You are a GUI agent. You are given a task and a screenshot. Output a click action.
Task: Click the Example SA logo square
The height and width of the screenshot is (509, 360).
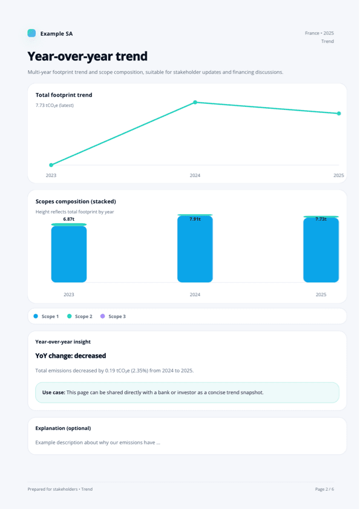pyautogui.click(x=31, y=33)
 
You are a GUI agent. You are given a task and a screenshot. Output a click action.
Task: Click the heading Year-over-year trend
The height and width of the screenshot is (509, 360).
pyautogui.click(x=87, y=57)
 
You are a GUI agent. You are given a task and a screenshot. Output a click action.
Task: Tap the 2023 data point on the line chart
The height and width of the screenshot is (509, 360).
pyautogui.click(x=51, y=164)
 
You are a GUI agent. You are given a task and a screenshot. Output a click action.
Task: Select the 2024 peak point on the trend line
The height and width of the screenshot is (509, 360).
pyautogui.click(x=195, y=102)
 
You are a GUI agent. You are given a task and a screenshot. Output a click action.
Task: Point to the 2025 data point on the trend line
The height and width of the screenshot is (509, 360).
pyautogui.click(x=339, y=113)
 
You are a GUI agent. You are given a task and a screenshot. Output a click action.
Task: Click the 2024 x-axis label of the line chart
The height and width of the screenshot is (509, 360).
pyautogui.click(x=195, y=175)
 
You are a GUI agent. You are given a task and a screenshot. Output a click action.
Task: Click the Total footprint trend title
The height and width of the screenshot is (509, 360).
pyautogui.click(x=64, y=95)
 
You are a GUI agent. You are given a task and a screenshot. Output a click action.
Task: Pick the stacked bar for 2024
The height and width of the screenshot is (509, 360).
pyautogui.click(x=195, y=248)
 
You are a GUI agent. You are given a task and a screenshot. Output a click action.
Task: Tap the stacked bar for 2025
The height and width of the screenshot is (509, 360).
pyautogui.click(x=321, y=249)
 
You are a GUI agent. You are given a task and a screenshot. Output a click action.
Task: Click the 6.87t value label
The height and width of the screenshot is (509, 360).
pyautogui.click(x=69, y=219)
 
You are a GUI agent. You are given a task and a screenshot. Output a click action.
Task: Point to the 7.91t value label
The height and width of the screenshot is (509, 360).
pyautogui.click(x=195, y=219)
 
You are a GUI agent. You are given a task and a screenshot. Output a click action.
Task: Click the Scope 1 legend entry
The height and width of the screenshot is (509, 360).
pyautogui.click(x=46, y=316)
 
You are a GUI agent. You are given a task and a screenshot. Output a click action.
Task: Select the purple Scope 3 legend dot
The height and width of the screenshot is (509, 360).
pyautogui.click(x=103, y=316)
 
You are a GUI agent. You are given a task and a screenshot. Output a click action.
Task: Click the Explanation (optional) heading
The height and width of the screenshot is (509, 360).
pyautogui.click(x=63, y=428)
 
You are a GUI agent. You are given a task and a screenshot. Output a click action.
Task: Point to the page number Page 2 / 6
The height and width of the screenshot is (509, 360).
pyautogui.click(x=324, y=489)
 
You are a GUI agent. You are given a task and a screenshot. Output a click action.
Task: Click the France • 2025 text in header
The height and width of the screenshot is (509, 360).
pyautogui.click(x=319, y=33)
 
